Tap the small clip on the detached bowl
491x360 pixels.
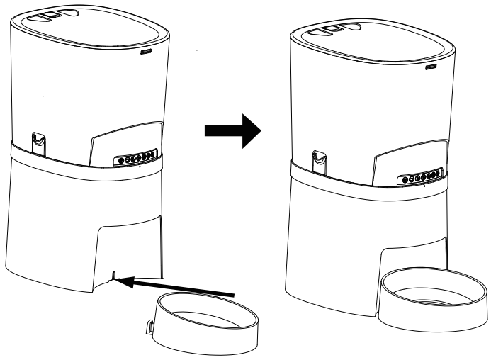151,327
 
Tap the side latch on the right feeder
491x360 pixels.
320,159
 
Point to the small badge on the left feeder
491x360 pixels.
146,52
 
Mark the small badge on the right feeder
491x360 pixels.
430,69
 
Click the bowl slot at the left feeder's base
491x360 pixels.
111,274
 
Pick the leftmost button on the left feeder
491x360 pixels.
120,161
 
